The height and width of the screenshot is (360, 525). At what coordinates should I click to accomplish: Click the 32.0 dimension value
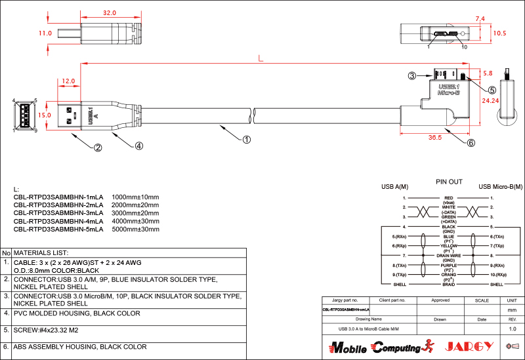tap(110, 13)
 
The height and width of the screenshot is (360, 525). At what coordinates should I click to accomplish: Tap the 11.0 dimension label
tap(45, 33)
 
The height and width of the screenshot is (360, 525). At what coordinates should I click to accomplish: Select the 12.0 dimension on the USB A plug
tap(68, 82)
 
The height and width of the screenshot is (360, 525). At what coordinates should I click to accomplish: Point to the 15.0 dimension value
tap(44, 115)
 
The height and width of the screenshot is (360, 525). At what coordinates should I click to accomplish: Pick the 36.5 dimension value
tap(434, 138)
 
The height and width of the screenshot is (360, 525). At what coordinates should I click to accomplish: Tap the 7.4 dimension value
tap(480, 19)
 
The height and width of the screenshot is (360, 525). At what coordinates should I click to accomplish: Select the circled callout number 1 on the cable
tap(247, 139)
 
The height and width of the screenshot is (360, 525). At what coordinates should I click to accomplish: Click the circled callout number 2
tap(98, 148)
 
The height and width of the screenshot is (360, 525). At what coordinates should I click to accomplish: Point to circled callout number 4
tap(139, 146)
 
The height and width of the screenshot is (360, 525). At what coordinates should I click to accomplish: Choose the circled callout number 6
tap(471, 142)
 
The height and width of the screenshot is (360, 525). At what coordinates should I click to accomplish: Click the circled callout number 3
tap(412, 76)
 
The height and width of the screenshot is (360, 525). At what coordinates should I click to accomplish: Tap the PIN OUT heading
tap(449, 182)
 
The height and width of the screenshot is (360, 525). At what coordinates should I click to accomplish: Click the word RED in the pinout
tap(449, 197)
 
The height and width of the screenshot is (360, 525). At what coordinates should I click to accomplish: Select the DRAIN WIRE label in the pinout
tap(449, 255)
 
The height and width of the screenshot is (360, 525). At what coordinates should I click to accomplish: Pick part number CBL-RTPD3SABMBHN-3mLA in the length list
tap(58, 213)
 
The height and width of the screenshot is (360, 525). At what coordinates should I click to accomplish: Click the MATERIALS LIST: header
tap(41, 252)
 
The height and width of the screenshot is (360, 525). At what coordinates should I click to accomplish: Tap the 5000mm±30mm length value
tap(136, 230)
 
